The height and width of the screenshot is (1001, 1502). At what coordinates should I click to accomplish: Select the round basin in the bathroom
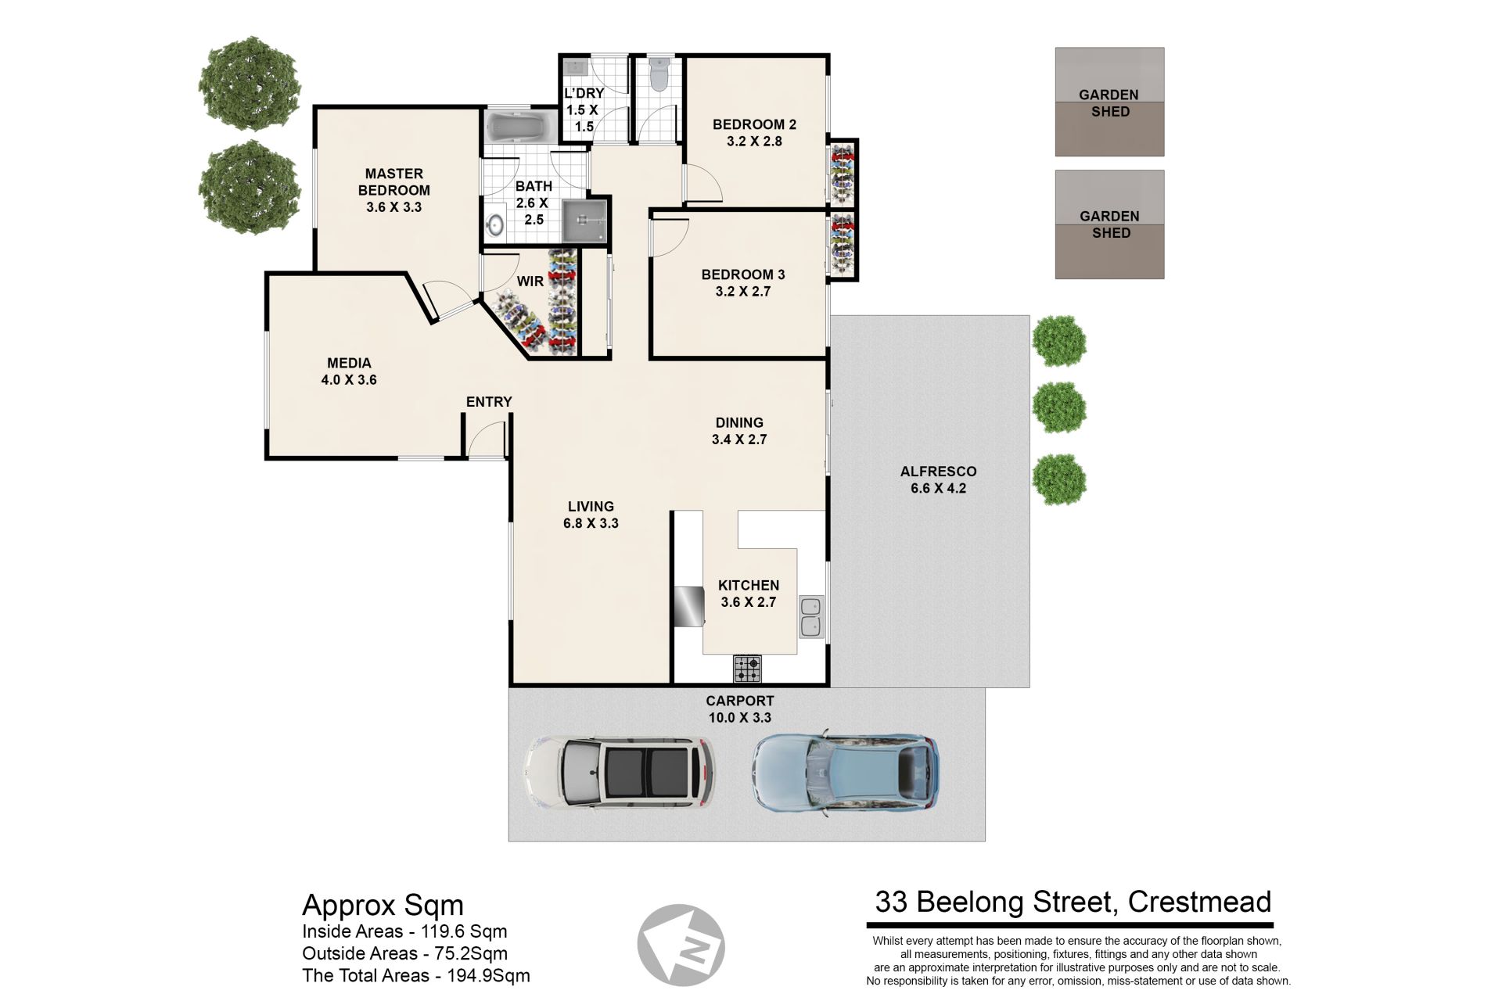(495, 225)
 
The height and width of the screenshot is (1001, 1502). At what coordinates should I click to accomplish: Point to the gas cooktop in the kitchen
(747, 668)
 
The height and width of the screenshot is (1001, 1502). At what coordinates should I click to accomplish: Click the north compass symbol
(681, 947)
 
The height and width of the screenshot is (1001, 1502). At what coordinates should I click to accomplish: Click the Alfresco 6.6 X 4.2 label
(938, 480)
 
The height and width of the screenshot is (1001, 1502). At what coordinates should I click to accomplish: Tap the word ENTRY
(489, 402)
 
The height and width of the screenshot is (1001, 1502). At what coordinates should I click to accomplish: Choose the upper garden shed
(1109, 102)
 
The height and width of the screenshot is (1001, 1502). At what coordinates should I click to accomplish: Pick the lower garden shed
(1109, 224)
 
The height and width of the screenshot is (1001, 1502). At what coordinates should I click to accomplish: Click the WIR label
(530, 282)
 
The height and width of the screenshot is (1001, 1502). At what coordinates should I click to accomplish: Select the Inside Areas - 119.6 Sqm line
(404, 931)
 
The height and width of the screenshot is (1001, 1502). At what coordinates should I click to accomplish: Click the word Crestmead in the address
(1199, 902)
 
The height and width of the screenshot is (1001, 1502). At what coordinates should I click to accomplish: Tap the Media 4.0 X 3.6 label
(349, 371)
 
